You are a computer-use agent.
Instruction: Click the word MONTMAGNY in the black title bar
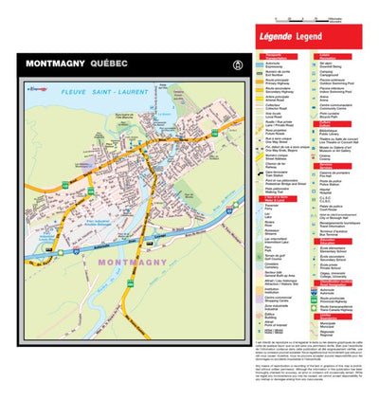tap(56, 64)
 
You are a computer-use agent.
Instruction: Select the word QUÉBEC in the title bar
tap(112, 64)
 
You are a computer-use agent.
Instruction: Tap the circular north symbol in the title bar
tap(225, 64)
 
